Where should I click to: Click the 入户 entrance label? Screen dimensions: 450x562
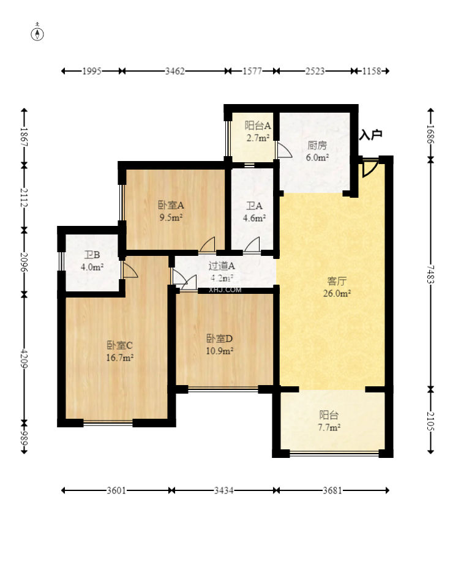(371, 135)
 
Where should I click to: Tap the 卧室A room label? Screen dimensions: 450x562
(171, 205)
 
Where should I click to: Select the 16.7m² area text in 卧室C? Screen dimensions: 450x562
(120, 358)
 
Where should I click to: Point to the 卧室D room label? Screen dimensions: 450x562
(219, 339)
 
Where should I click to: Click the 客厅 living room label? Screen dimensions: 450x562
(337, 282)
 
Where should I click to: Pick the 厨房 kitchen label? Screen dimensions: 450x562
(317, 146)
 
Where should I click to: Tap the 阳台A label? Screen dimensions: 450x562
(258, 126)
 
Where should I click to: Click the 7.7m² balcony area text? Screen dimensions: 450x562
(329, 427)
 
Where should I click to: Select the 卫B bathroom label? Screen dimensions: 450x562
(92, 255)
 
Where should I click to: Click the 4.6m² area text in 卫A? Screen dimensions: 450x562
(254, 218)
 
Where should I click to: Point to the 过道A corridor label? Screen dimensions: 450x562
(222, 266)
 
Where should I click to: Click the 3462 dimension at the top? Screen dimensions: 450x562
(174, 71)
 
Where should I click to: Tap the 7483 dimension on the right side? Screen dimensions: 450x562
(430, 274)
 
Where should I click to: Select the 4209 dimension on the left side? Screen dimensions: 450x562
(24, 358)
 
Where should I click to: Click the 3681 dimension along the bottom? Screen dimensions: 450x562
(332, 490)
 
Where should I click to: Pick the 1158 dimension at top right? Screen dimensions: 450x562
(372, 71)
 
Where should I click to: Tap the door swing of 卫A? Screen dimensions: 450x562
(252, 244)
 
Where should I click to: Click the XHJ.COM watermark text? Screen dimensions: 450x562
(225, 290)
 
